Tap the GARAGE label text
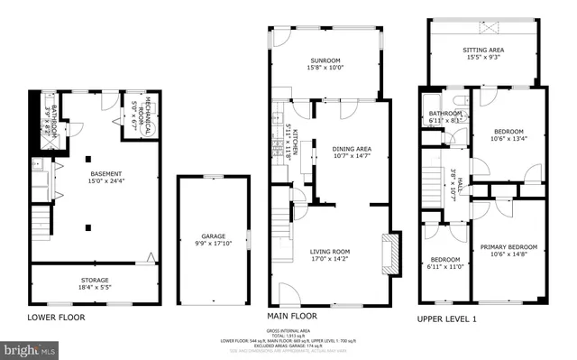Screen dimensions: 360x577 (214, 236)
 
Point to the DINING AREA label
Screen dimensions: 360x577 (352, 148)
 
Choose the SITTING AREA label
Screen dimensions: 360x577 (483, 51)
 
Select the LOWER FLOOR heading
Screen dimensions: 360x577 (56, 318)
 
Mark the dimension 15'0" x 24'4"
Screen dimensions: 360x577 (101, 180)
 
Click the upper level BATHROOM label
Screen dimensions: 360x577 (445, 113)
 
